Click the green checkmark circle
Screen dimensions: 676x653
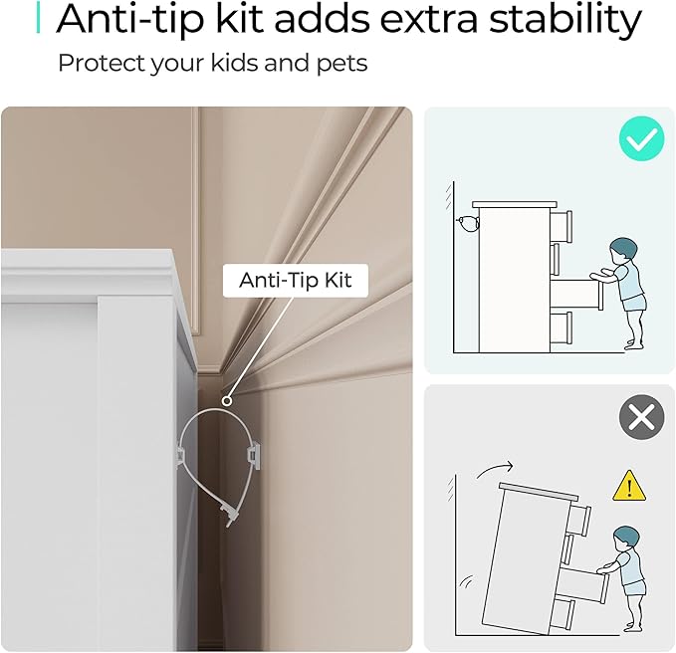(641, 138)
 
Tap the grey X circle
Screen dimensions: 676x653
(641, 417)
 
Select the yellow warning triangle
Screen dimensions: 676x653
(629, 487)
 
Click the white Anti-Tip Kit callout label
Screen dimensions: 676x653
(296, 280)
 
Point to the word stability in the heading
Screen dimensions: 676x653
(565, 20)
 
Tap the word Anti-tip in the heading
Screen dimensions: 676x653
(129, 20)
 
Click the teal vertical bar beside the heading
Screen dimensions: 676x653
(39, 17)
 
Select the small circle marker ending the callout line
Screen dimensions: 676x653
(227, 401)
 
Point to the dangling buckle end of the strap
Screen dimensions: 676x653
(229, 515)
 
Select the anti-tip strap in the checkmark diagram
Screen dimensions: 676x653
(468, 224)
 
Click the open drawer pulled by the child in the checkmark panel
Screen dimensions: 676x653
(576, 294)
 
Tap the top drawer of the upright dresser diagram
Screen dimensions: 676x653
(561, 226)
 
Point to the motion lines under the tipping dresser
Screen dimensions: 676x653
(467, 582)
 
